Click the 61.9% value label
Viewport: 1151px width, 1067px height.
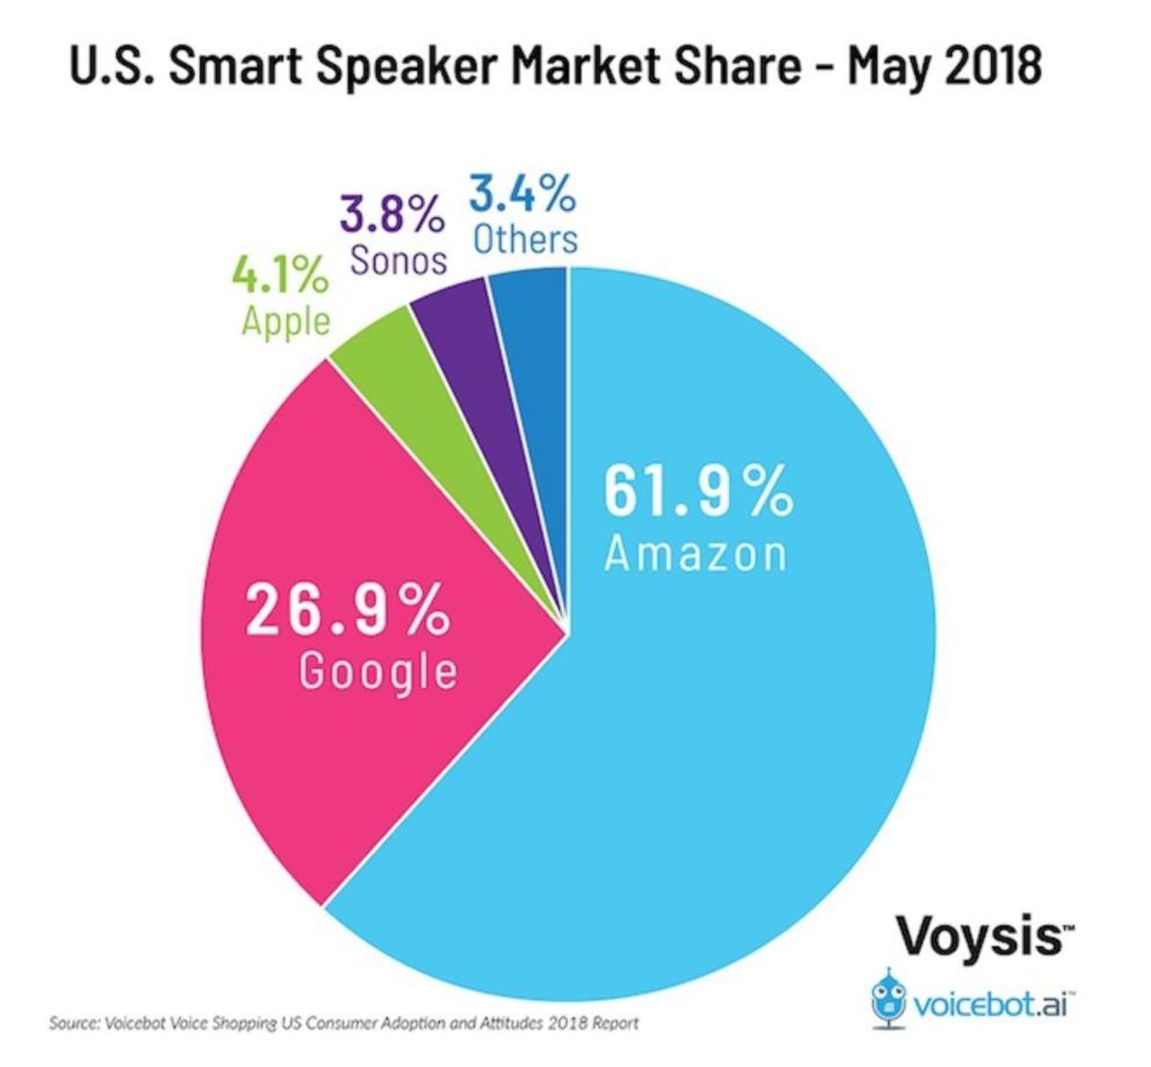(x=698, y=490)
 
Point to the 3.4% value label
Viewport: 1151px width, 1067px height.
(x=524, y=195)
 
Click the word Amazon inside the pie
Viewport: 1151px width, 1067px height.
(x=695, y=553)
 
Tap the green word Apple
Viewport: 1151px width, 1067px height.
(x=285, y=320)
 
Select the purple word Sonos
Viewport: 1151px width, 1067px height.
(x=399, y=259)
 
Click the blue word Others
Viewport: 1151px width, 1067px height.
(x=527, y=238)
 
